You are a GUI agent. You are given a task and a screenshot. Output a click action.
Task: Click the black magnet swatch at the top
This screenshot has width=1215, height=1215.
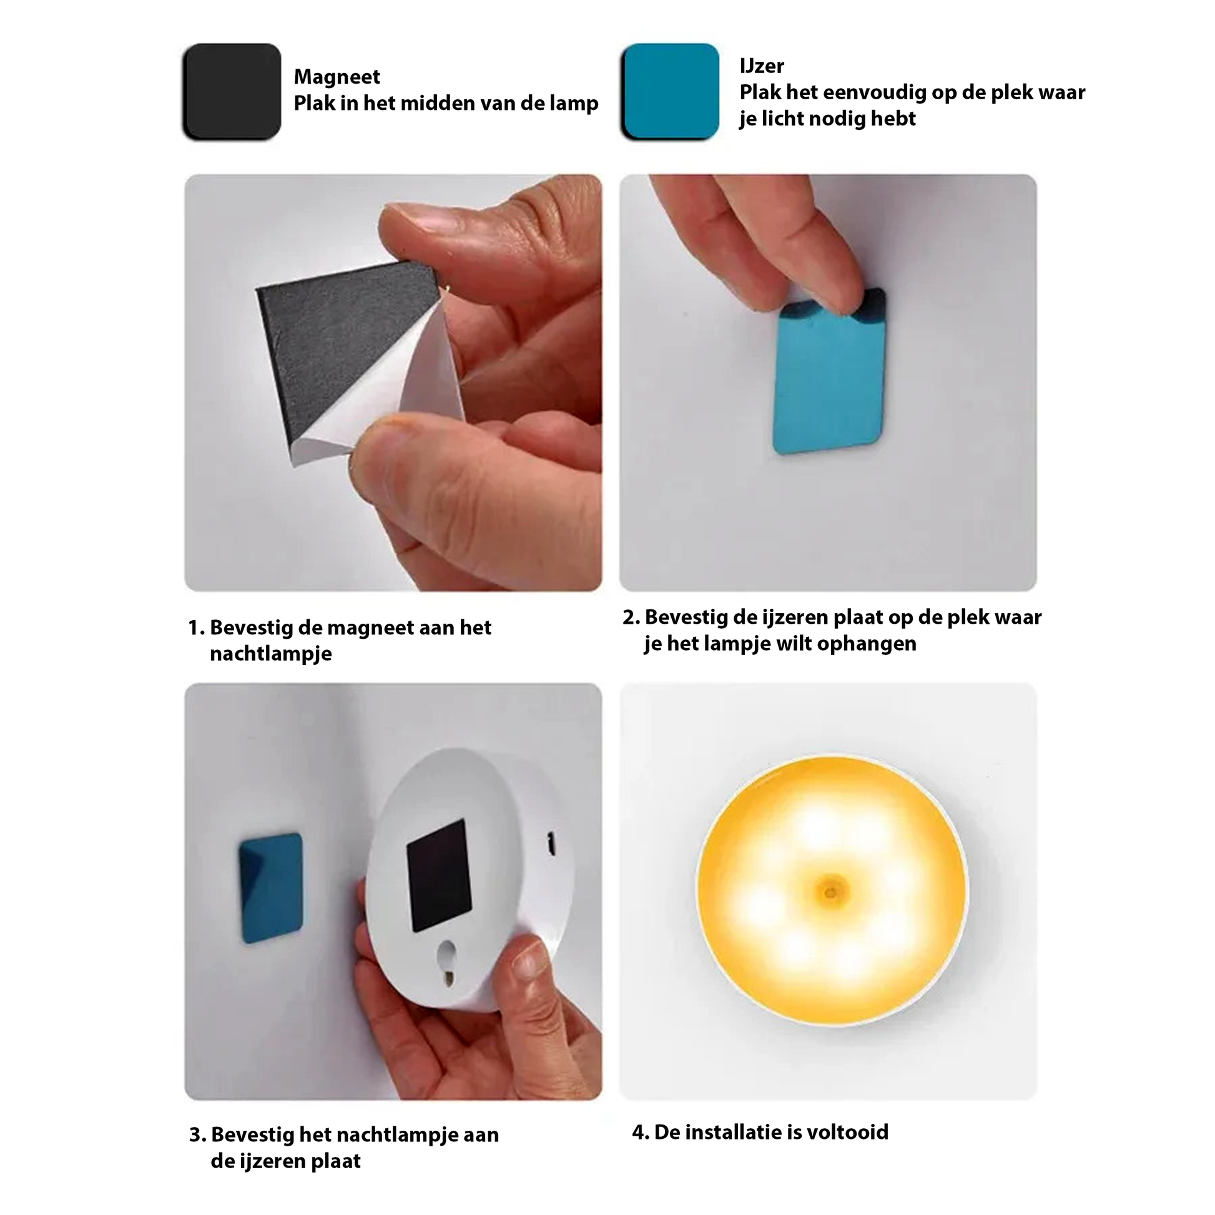pyautogui.click(x=232, y=91)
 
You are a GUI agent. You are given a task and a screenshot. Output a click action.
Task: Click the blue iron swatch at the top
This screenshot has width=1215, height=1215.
pyautogui.click(x=671, y=91)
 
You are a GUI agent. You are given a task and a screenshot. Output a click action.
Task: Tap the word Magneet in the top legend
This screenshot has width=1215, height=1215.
pyautogui.click(x=337, y=77)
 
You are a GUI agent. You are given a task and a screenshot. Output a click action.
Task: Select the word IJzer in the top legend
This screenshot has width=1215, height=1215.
pyautogui.click(x=762, y=66)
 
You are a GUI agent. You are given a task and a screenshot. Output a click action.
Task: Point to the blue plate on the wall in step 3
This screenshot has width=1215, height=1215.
pyautogui.click(x=271, y=888)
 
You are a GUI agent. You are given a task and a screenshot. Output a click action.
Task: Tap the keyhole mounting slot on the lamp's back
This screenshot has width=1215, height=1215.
pyautogui.click(x=447, y=963)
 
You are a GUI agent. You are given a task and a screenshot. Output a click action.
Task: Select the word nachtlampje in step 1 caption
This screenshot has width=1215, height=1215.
pyautogui.click(x=270, y=654)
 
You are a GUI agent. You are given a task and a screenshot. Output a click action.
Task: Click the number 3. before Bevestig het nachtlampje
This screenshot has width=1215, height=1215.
pyautogui.click(x=197, y=1135)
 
